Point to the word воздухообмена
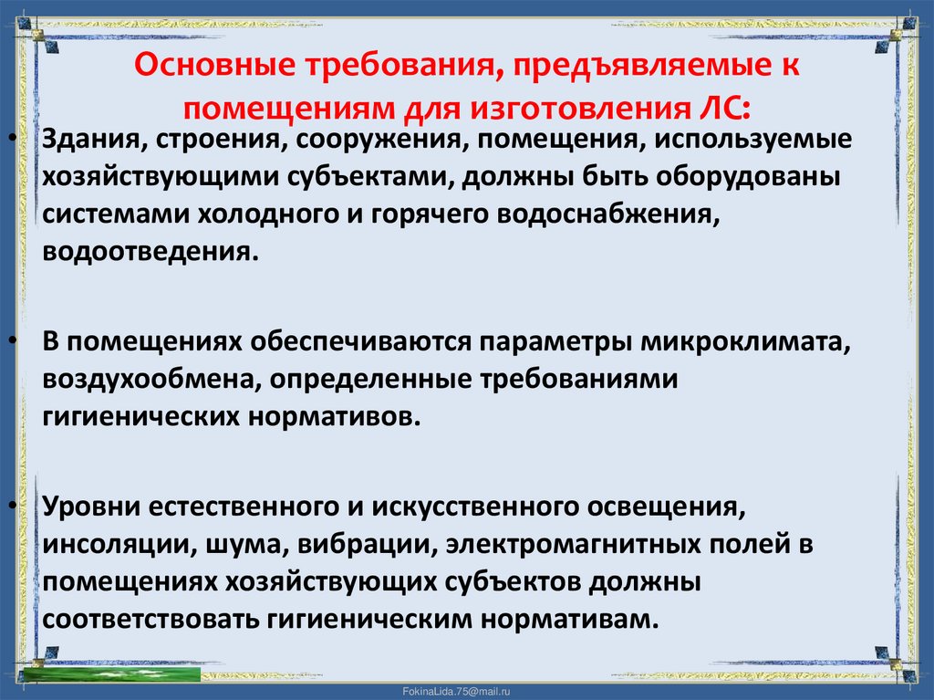[147, 379]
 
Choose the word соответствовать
[150, 618]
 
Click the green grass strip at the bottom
[109, 674]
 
